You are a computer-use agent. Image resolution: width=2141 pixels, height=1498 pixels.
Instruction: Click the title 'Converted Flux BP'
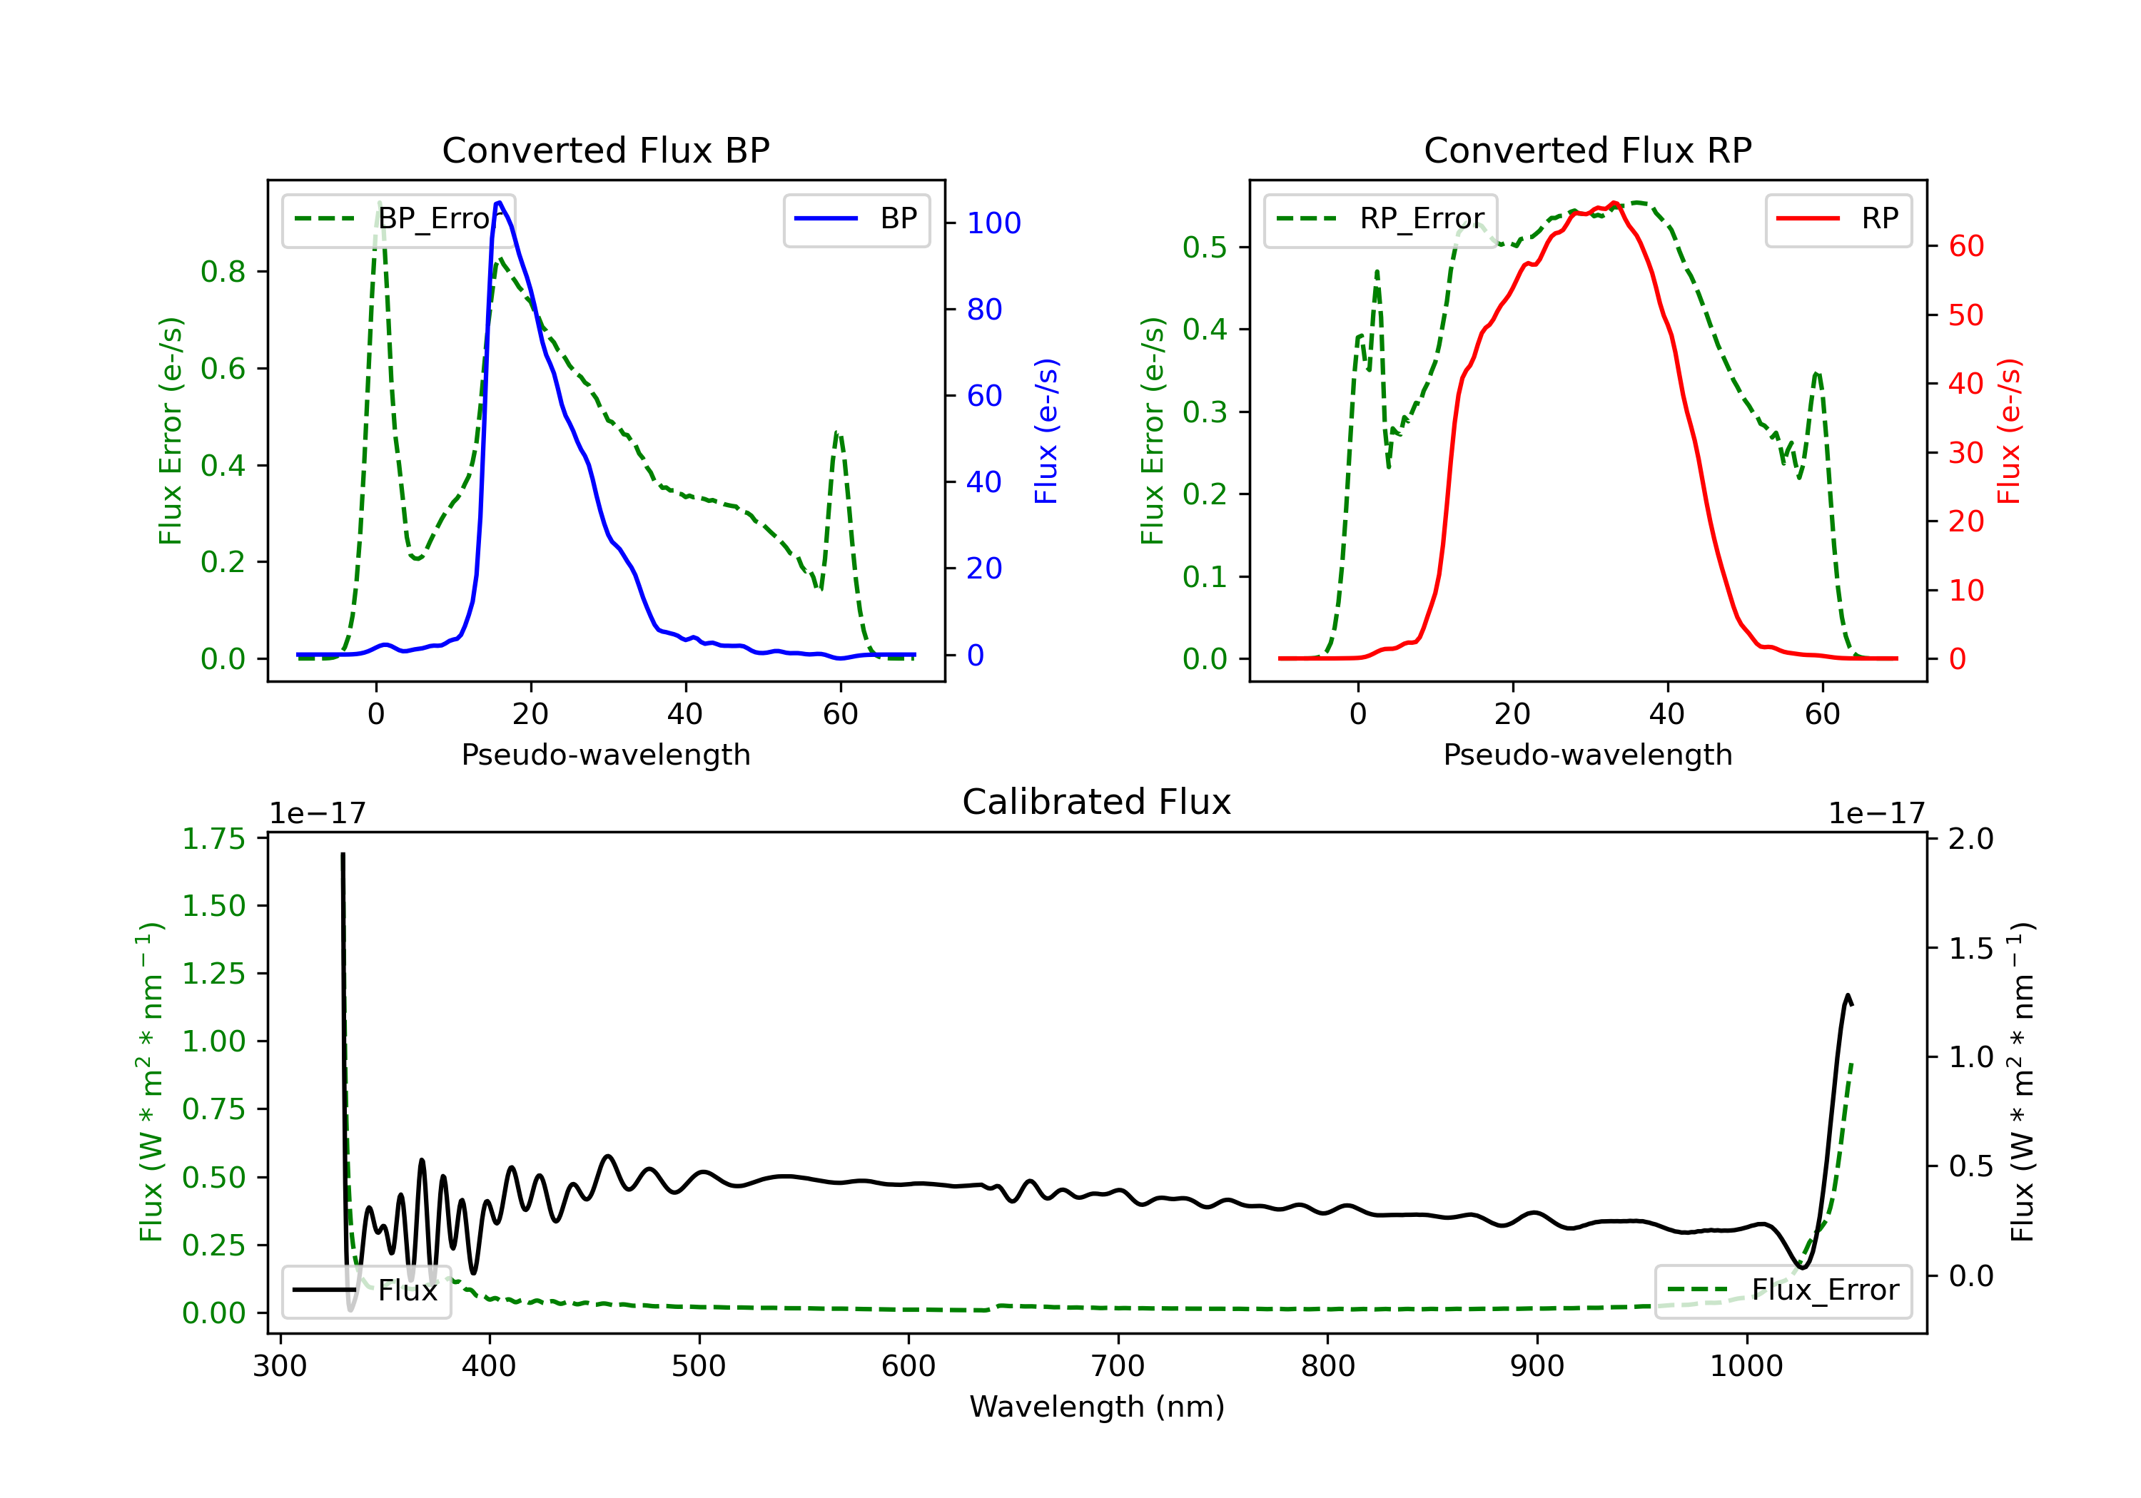pyautogui.click(x=605, y=150)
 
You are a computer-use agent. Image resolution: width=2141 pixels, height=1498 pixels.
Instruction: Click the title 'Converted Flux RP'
pyautogui.click(x=1587, y=150)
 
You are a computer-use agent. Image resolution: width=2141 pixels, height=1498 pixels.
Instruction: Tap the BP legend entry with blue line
pyautogui.click(x=857, y=219)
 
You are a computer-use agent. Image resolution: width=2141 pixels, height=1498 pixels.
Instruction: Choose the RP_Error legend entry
pyautogui.click(x=1380, y=219)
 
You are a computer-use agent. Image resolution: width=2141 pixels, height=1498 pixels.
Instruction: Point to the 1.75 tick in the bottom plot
pyautogui.click(x=213, y=839)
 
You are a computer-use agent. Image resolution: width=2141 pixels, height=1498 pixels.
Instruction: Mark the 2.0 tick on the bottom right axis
pyautogui.click(x=1970, y=839)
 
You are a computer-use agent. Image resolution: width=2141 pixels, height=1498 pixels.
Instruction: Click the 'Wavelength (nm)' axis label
pyautogui.click(x=1097, y=1407)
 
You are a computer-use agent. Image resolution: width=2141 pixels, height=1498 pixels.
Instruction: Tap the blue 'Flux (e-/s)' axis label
pyautogui.click(x=1046, y=431)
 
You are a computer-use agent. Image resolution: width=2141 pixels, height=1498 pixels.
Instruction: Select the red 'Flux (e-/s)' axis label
pyautogui.click(x=2008, y=431)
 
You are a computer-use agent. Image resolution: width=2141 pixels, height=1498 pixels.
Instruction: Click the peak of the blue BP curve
pyautogui.click(x=499, y=203)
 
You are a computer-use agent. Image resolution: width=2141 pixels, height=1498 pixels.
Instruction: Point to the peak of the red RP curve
pyautogui.click(x=1614, y=203)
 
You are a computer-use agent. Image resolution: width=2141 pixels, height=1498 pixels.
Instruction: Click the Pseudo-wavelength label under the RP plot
pyautogui.click(x=1587, y=754)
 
